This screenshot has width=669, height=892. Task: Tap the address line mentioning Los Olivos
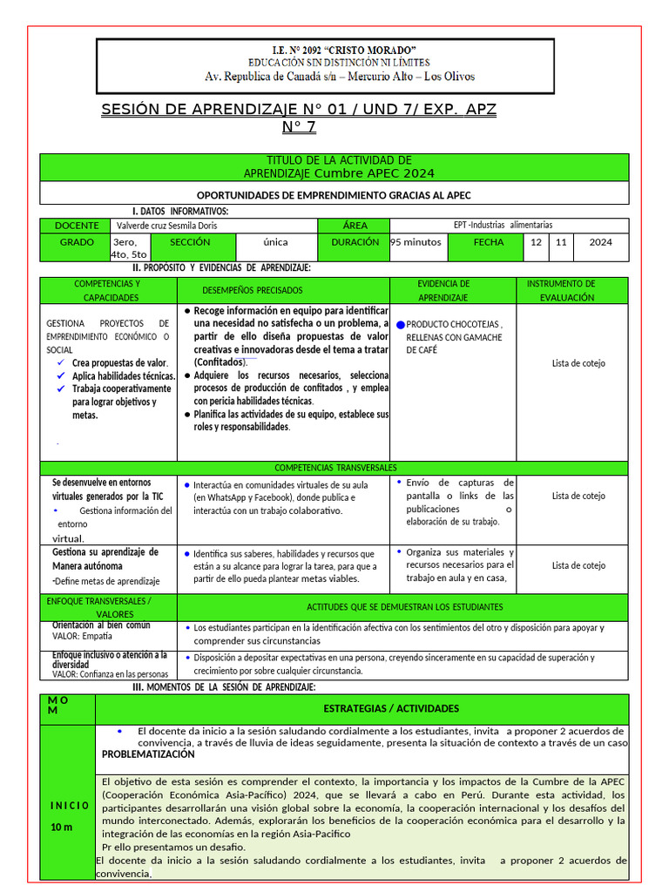340,77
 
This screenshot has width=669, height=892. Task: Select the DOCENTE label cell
76,226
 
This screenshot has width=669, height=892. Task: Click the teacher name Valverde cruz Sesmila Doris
166,226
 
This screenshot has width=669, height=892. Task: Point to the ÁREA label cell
355,226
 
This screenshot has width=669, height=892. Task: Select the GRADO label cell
76,242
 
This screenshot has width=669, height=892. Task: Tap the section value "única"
275,242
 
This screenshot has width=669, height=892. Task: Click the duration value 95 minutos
416,242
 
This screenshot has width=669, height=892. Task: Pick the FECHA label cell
488,242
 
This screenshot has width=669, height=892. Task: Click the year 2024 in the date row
600,242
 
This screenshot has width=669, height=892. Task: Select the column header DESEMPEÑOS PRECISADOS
253,290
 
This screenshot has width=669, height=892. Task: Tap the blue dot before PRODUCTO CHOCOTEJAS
401,324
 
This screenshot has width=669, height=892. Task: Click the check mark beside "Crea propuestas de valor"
61,362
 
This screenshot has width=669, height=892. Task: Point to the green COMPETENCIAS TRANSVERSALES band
334,468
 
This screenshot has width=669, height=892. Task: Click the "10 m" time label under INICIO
61,827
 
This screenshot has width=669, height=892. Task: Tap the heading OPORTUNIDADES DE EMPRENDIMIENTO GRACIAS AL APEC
334,195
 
